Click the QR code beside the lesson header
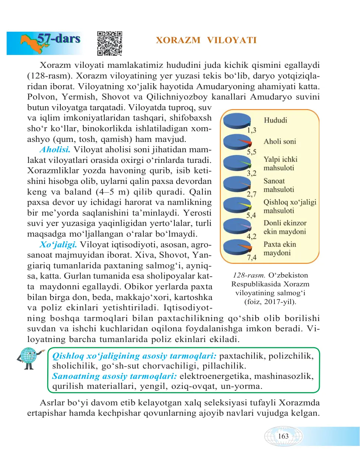[110, 43]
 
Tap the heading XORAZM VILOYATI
[206, 40]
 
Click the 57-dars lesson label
[59, 38]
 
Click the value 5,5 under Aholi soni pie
[252, 152]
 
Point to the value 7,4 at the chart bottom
[252, 258]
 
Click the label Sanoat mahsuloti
[279, 185]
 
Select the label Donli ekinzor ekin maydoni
[285, 227]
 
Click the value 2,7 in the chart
[252, 194]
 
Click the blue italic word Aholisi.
[55, 150]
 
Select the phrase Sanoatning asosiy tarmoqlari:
[114, 376]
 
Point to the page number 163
[283, 436]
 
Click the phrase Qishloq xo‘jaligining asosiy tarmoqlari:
[134, 356]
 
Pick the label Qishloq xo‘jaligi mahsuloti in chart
[290, 206]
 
